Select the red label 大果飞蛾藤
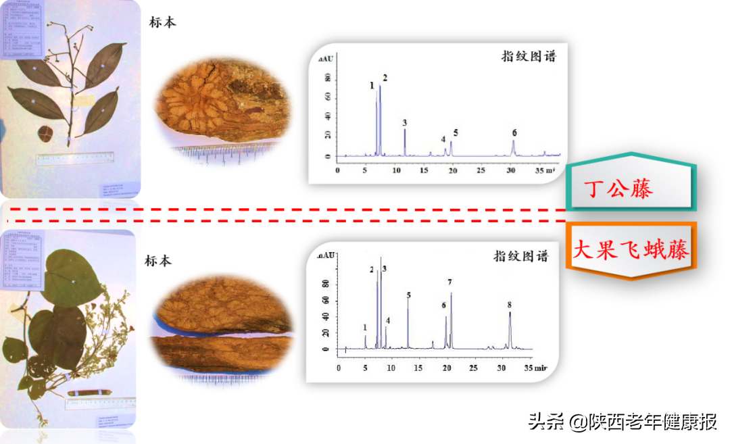coord(630,250)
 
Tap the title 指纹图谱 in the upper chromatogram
coord(529,56)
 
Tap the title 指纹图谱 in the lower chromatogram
coord(520,256)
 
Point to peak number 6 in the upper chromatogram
coord(514,132)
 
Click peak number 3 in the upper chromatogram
coord(404,123)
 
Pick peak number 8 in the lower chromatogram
coord(510,305)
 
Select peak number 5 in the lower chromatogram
coord(408,295)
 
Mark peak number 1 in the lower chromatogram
coord(365,327)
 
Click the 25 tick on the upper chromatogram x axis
coord(481,170)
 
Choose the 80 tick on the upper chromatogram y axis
coord(328,79)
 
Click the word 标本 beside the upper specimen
coord(162,22)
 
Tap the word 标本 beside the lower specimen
coord(158,261)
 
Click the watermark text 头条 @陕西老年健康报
coord(622,422)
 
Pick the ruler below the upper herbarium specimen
coord(74,158)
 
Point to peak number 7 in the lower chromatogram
coord(450,282)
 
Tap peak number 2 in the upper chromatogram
coord(385,78)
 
